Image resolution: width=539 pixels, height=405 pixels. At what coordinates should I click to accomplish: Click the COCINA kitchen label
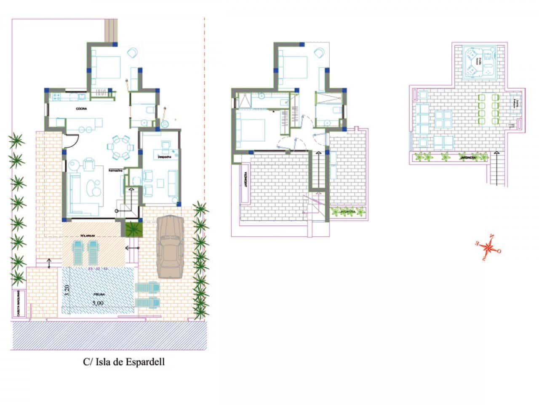(81, 109)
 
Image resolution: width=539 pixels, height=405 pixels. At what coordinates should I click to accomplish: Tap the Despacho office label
(164, 157)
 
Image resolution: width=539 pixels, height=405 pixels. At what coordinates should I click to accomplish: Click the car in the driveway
(170, 247)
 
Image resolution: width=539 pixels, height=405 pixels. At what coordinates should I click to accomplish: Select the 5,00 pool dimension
(97, 303)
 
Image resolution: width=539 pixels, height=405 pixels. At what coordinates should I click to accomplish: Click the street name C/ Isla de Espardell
(123, 362)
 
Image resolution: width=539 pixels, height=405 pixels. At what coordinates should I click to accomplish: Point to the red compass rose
(487, 246)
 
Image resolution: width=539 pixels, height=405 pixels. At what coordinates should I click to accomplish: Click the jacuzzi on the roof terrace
(479, 62)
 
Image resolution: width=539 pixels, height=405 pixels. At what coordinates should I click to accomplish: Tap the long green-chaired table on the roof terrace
(488, 109)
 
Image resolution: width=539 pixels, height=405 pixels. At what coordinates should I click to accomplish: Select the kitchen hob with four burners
(56, 97)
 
